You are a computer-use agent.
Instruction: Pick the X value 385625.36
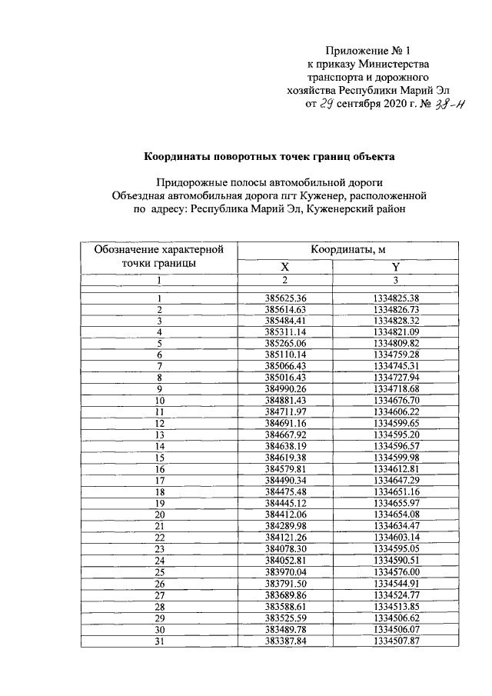[285, 298]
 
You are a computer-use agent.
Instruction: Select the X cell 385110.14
[285, 356]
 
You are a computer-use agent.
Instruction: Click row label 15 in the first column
[160, 457]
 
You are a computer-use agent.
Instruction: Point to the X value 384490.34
[285, 480]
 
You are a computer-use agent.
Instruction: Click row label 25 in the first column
[160, 572]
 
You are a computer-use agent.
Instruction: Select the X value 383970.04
[285, 572]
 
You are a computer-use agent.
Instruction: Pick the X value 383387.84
[285, 641]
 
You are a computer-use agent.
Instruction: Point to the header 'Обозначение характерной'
[158, 249]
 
